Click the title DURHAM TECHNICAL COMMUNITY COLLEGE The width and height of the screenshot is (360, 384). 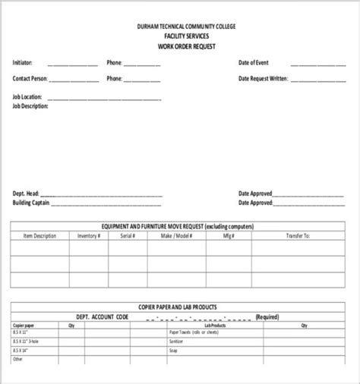pos(186,27)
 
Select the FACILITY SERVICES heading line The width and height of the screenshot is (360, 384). pos(186,36)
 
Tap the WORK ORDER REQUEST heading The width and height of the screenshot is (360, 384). pos(186,46)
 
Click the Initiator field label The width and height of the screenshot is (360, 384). pos(22,62)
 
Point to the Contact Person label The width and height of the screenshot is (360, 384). pos(30,78)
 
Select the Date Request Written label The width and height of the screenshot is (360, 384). pos(264,78)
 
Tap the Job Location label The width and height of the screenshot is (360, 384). pos(27,97)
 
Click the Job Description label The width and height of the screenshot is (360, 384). pos(30,106)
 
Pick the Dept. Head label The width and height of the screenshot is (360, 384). pos(24,194)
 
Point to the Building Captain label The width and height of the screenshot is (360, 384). pos(31,203)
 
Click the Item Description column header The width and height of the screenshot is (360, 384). pos(39,236)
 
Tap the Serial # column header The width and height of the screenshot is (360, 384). pos(128,236)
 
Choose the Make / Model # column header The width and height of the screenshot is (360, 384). pos(176,236)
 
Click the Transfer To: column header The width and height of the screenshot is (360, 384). pos(298,236)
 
